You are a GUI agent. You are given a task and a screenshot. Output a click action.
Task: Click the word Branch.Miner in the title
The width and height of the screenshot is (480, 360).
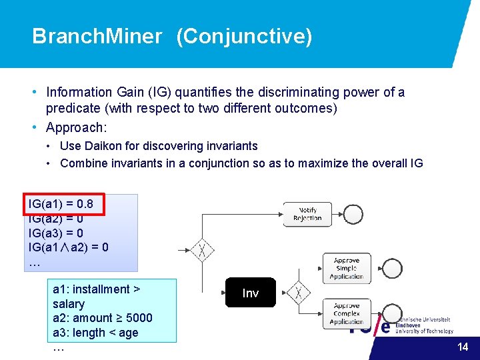coord(97,36)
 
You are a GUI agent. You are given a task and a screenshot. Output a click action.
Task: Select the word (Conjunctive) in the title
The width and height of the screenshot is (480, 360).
coord(244,36)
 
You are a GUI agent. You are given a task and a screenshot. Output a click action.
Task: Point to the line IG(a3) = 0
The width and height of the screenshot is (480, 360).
coord(55,233)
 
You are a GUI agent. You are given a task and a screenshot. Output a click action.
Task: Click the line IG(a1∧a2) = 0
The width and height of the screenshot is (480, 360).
coord(69,247)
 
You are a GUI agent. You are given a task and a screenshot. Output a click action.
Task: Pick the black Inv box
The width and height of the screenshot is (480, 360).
coord(250,293)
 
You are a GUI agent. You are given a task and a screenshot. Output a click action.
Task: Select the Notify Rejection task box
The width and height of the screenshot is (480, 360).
coord(307,214)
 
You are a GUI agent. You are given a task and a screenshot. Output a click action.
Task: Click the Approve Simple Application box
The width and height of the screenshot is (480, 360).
coord(346,268)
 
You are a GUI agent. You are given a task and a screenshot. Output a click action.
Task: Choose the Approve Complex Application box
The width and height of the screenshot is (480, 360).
coord(346,313)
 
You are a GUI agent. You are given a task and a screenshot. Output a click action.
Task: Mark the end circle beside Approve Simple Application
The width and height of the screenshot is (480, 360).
coord(393,268)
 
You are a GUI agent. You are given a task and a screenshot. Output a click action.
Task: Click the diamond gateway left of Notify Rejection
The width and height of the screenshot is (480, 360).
coord(202,251)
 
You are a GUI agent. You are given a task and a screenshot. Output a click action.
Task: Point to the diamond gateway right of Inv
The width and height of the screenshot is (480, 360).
coord(299,293)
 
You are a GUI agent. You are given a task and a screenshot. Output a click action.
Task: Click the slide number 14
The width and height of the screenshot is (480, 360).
coord(463,347)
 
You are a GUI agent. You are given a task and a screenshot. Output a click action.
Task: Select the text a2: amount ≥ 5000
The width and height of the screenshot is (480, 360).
coord(102,318)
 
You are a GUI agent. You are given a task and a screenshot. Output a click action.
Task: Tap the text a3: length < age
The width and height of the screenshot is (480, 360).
coord(95,332)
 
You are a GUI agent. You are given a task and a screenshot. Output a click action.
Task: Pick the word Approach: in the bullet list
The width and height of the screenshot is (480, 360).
coord(77,127)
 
